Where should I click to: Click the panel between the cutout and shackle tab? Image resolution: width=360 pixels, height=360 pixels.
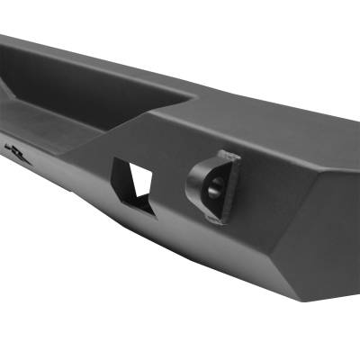(x=171, y=184)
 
